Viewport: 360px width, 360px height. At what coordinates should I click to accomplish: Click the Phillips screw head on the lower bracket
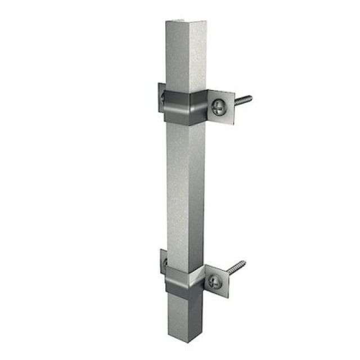pos(214,281)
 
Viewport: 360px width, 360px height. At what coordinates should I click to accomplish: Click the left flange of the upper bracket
pos(161,97)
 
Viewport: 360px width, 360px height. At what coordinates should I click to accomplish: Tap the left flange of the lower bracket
pos(163,262)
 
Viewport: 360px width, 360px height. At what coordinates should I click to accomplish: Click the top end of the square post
pos(186,24)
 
